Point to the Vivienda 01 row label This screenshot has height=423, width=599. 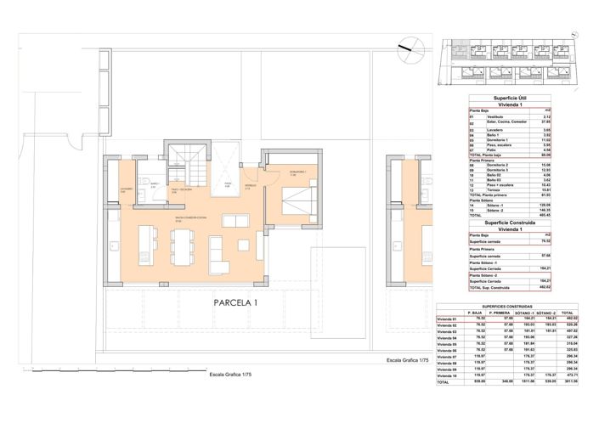coord(447,319)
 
